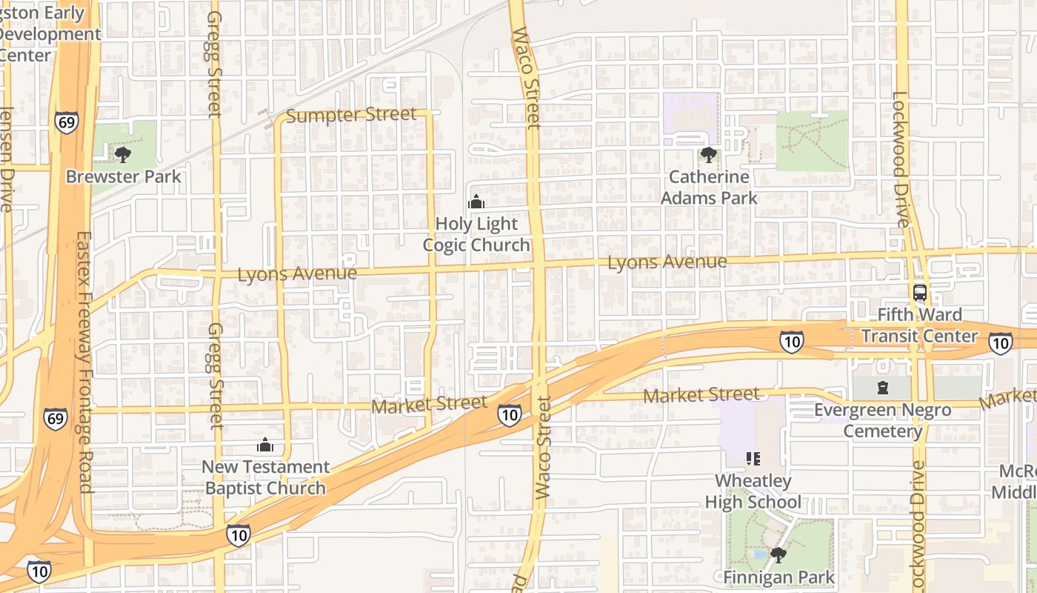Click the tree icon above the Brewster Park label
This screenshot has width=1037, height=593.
coord(123,154)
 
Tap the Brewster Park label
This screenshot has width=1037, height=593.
coord(123,176)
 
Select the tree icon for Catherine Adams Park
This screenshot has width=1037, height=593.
coord(709,154)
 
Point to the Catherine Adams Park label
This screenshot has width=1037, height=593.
coord(709,188)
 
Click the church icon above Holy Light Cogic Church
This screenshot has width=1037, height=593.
coord(476,201)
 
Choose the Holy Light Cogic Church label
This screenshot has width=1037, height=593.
coord(476,234)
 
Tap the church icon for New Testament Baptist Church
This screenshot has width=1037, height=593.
coord(265,445)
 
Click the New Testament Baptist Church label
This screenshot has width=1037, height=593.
coord(265,477)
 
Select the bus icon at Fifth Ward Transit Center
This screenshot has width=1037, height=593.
coord(919,292)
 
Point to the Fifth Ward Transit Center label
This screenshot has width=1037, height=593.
coord(919,325)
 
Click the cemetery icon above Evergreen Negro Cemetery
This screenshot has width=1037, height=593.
coord(882,387)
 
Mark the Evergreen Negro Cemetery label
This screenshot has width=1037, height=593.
coord(882,420)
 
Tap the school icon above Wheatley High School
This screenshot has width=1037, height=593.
coord(753,459)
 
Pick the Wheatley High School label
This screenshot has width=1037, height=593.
coord(753,491)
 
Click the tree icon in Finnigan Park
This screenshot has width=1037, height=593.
coord(778,554)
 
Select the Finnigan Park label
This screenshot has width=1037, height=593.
coord(778,577)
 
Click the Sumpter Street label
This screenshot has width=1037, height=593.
coord(351,115)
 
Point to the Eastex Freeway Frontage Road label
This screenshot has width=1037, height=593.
coord(84,362)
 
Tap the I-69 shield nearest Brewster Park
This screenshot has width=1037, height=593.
coord(66,122)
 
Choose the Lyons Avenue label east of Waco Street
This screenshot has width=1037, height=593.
coord(667,262)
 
